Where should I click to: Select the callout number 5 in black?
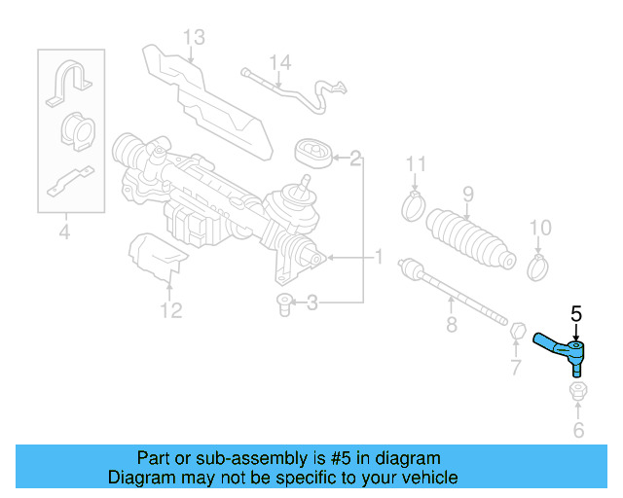pyautogui.click(x=575, y=313)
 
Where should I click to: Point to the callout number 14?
pyautogui.click(x=279, y=63)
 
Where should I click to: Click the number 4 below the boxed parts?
pyautogui.click(x=64, y=231)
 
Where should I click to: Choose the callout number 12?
pyautogui.click(x=170, y=310)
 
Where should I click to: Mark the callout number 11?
pyautogui.click(x=416, y=163)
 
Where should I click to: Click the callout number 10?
pyautogui.click(x=539, y=228)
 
